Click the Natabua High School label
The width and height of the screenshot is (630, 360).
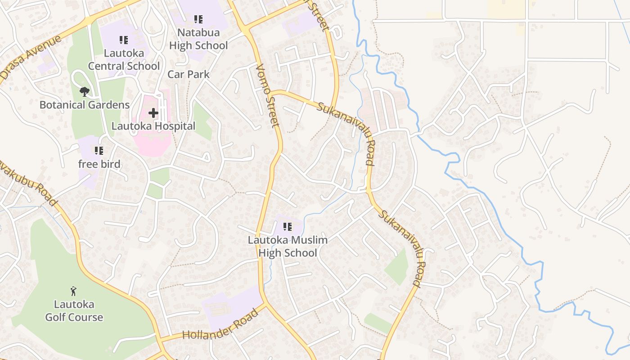click(198, 39)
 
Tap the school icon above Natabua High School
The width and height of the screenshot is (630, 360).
click(198, 19)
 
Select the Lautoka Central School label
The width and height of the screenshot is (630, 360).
click(124, 59)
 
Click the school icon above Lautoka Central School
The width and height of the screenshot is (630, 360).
click(124, 40)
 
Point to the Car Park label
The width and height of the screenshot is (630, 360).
click(189, 74)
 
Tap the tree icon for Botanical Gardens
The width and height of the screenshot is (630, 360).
click(84, 92)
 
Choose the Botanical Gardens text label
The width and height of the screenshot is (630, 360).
click(85, 105)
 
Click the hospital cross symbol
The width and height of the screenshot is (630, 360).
click(153, 112)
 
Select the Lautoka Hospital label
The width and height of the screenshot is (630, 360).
click(153, 126)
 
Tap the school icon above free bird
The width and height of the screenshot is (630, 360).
click(99, 151)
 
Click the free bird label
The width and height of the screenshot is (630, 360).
click(99, 164)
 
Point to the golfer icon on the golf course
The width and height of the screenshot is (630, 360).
click(74, 292)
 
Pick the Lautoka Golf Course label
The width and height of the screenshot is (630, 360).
click(74, 311)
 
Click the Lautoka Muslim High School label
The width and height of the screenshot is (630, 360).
click(288, 246)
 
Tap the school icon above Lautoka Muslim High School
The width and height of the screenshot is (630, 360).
click(287, 227)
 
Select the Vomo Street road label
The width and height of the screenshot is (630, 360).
click(269, 95)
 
